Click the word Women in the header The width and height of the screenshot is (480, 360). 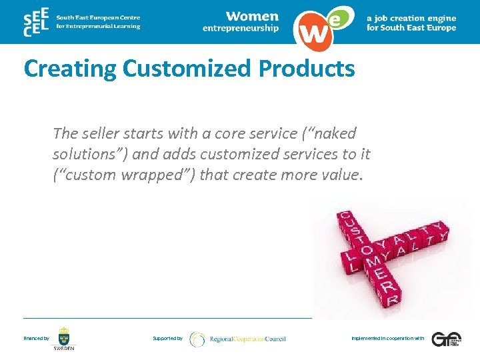252,16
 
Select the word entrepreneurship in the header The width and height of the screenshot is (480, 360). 241,29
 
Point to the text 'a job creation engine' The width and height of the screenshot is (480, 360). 411,19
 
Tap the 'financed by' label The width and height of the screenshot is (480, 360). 36,339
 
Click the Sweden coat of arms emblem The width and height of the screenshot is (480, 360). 64,336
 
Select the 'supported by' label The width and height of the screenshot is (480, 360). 167,339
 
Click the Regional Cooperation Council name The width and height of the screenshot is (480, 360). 247,339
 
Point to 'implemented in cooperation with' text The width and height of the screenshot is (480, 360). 387,339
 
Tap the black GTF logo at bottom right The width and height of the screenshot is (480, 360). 445,339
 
